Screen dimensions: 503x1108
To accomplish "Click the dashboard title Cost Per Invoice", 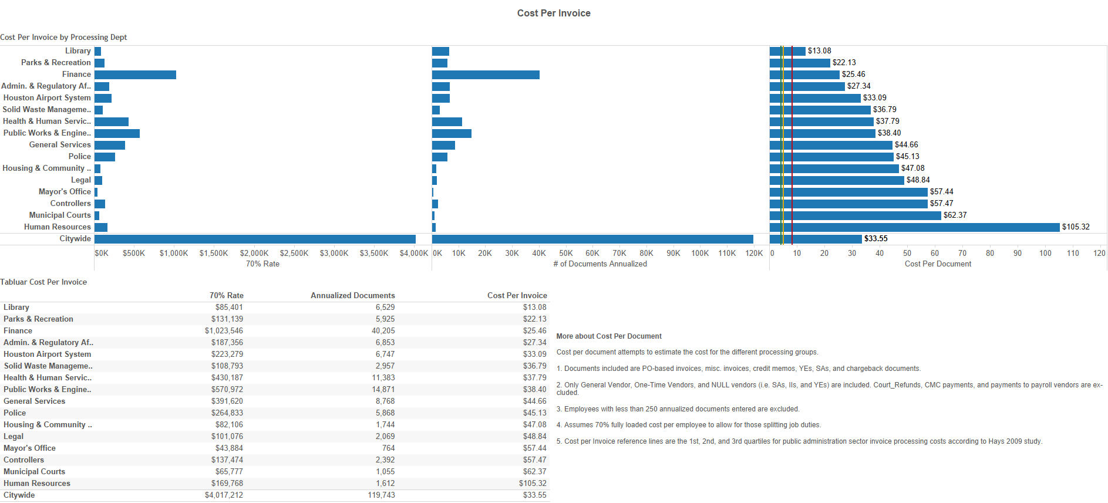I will [554, 13].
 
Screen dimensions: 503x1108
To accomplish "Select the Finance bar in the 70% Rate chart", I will [135, 75].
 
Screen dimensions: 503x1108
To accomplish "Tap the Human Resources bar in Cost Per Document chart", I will [914, 227].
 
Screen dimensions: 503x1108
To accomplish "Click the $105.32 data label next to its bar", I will [1076, 227].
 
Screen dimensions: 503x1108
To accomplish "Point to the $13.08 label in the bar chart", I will [819, 51].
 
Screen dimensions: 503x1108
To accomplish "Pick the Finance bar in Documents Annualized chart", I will [486, 75].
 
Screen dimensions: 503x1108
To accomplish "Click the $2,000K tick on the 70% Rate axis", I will [254, 253].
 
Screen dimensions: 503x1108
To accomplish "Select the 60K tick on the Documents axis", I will [592, 253].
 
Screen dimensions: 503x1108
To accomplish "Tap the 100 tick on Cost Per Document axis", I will [1045, 253].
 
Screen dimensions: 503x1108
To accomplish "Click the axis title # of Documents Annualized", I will [600, 264].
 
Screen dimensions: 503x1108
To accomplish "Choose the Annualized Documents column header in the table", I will [352, 295].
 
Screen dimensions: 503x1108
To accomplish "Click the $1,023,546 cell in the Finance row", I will [224, 330].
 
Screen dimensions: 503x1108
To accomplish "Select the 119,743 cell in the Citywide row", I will [381, 495].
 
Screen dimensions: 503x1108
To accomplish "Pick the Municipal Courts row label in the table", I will [34, 471].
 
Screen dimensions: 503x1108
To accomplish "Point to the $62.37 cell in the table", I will [534, 471].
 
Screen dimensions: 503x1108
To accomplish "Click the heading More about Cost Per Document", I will [609, 336].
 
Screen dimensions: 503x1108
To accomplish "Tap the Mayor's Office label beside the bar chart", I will [65, 192].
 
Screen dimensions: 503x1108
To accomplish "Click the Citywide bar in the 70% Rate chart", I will [255, 239].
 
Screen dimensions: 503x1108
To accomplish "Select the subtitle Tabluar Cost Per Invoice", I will [43, 282].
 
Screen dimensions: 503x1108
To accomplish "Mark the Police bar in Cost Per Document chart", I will [831, 157].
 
